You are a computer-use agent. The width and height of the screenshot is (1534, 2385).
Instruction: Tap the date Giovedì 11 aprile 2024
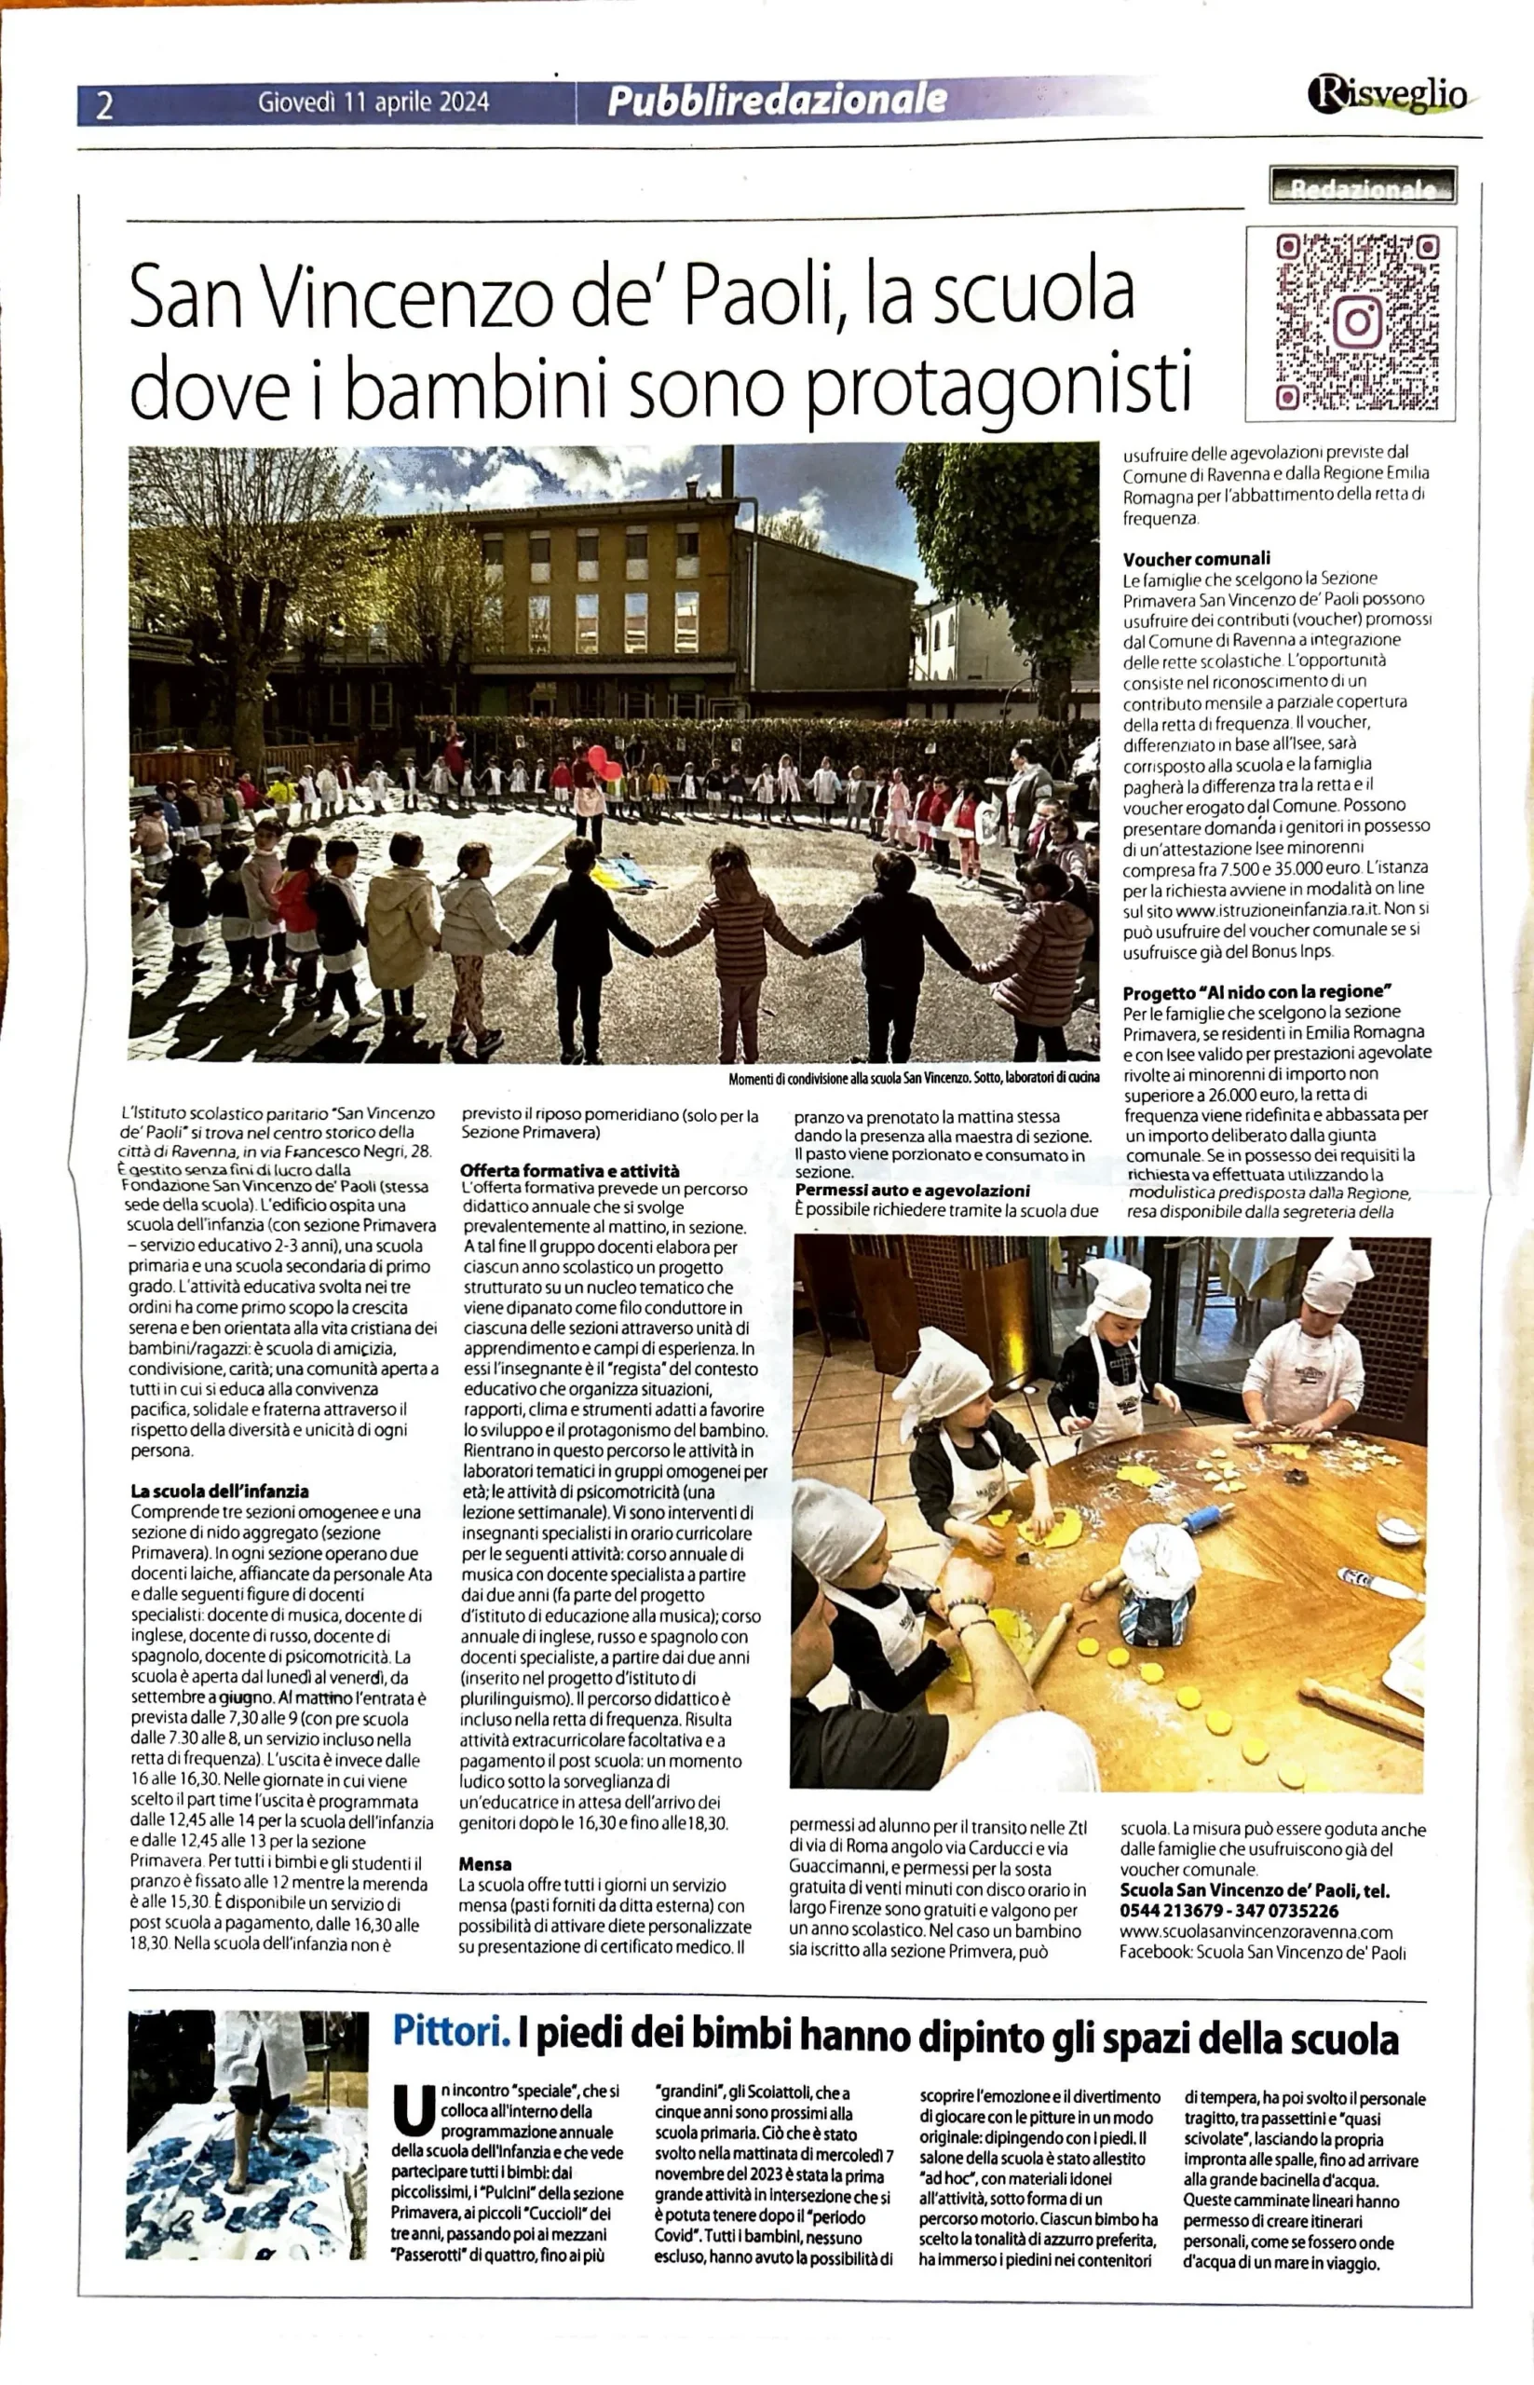(373, 102)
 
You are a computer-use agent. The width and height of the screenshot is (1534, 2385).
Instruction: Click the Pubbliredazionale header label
(777, 100)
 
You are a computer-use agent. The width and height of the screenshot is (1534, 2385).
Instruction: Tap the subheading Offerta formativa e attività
(570, 1170)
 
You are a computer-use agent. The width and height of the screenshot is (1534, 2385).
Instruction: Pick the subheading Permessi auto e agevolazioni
(912, 1191)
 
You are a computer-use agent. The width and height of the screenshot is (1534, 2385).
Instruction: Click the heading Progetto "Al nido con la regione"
(1256, 992)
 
